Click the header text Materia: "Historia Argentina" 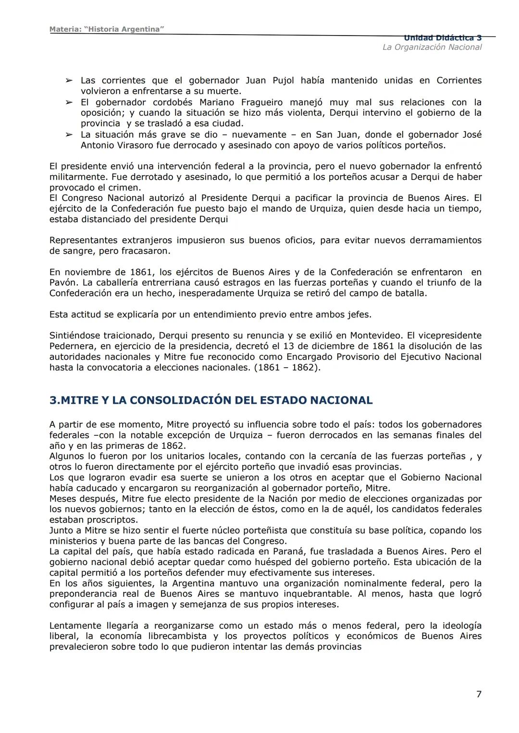click(x=107, y=29)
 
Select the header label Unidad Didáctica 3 click(x=443, y=38)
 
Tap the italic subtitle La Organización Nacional click(x=432, y=47)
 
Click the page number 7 click(x=479, y=694)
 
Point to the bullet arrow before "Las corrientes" click(x=69, y=81)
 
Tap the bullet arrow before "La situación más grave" click(x=69, y=135)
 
